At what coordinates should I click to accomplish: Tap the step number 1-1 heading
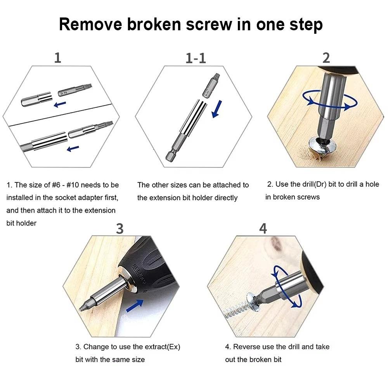[196, 58]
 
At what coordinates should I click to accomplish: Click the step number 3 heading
[120, 229]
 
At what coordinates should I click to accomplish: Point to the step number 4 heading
[263, 229]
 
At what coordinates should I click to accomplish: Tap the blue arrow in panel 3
[134, 306]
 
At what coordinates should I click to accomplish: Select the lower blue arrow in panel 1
[73, 148]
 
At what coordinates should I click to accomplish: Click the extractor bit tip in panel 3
[83, 307]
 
